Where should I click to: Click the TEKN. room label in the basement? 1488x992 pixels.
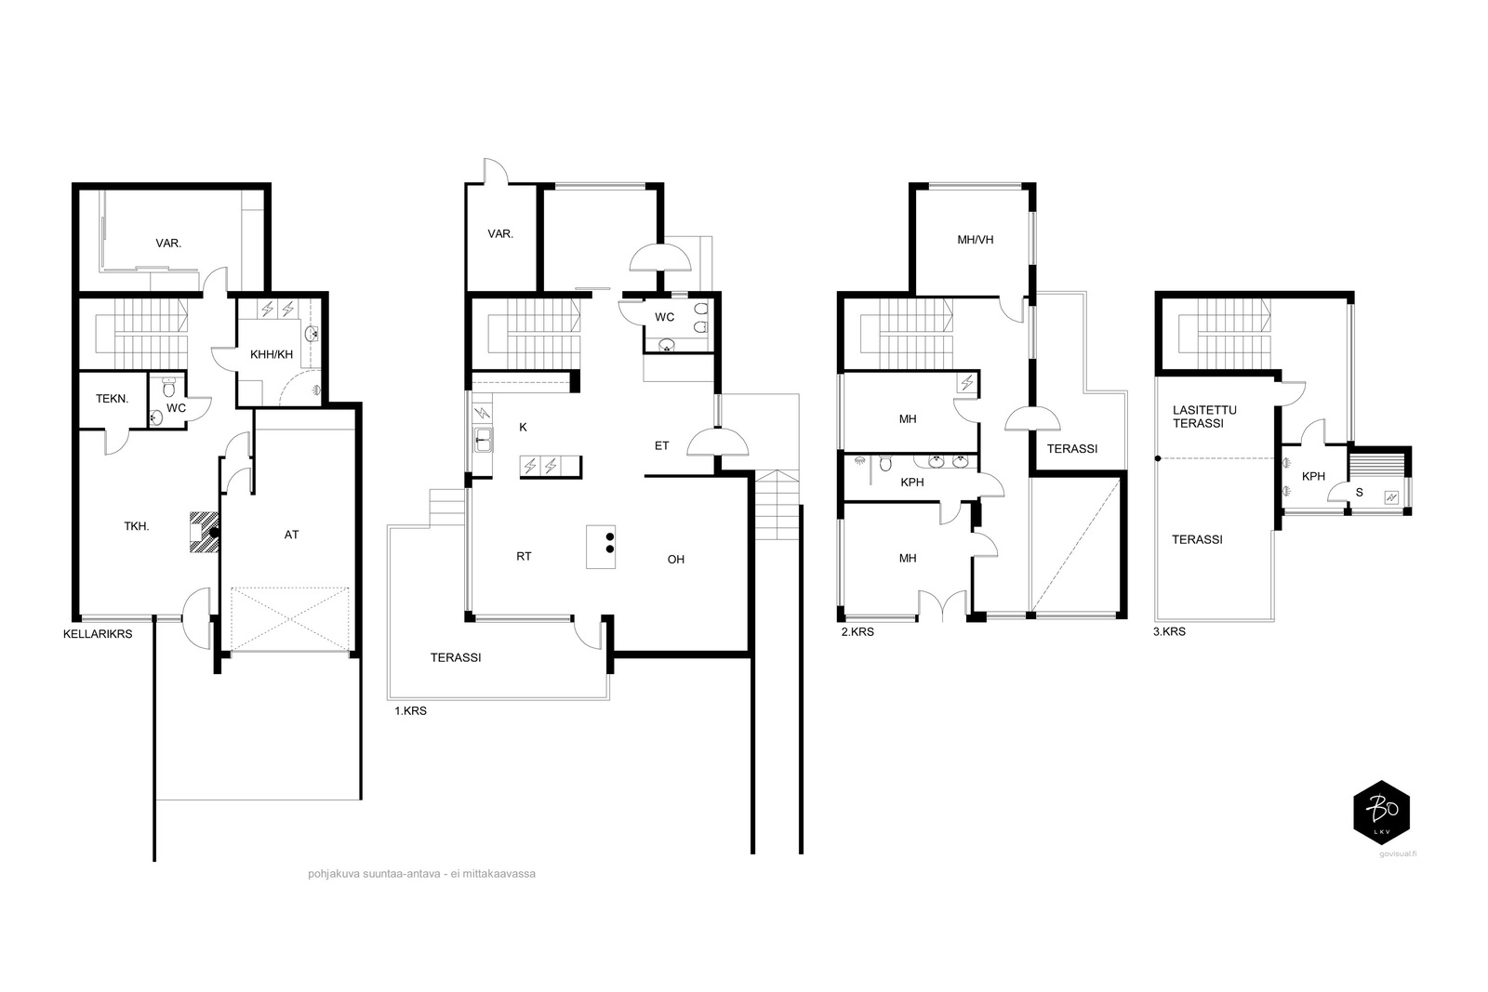coord(113,399)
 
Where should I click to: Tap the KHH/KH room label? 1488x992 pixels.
coord(272,354)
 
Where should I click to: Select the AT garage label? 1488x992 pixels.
coord(292,535)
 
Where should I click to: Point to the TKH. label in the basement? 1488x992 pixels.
coord(137,526)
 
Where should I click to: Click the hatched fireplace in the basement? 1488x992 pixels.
coord(205,532)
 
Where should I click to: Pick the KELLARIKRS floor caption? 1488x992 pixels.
coord(98,634)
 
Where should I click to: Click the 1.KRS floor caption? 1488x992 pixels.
coord(410,711)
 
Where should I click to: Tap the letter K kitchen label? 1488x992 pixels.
coord(524,427)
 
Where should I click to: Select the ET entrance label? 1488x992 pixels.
coord(661,445)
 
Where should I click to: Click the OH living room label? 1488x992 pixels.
coord(676,560)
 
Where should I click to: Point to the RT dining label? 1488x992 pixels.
coord(525,556)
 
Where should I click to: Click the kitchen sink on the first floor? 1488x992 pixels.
coord(483,441)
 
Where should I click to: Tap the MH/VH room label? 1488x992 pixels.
coord(976,240)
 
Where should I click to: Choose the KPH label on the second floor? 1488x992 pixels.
coord(912,483)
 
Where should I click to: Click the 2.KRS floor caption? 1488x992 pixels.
coord(857,631)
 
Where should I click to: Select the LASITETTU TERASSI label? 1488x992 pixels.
coord(1204,417)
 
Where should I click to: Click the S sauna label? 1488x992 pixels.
coord(1359,492)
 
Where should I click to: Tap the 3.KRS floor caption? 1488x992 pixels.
coord(1169,631)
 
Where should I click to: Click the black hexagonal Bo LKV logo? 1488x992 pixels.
coord(1382,813)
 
